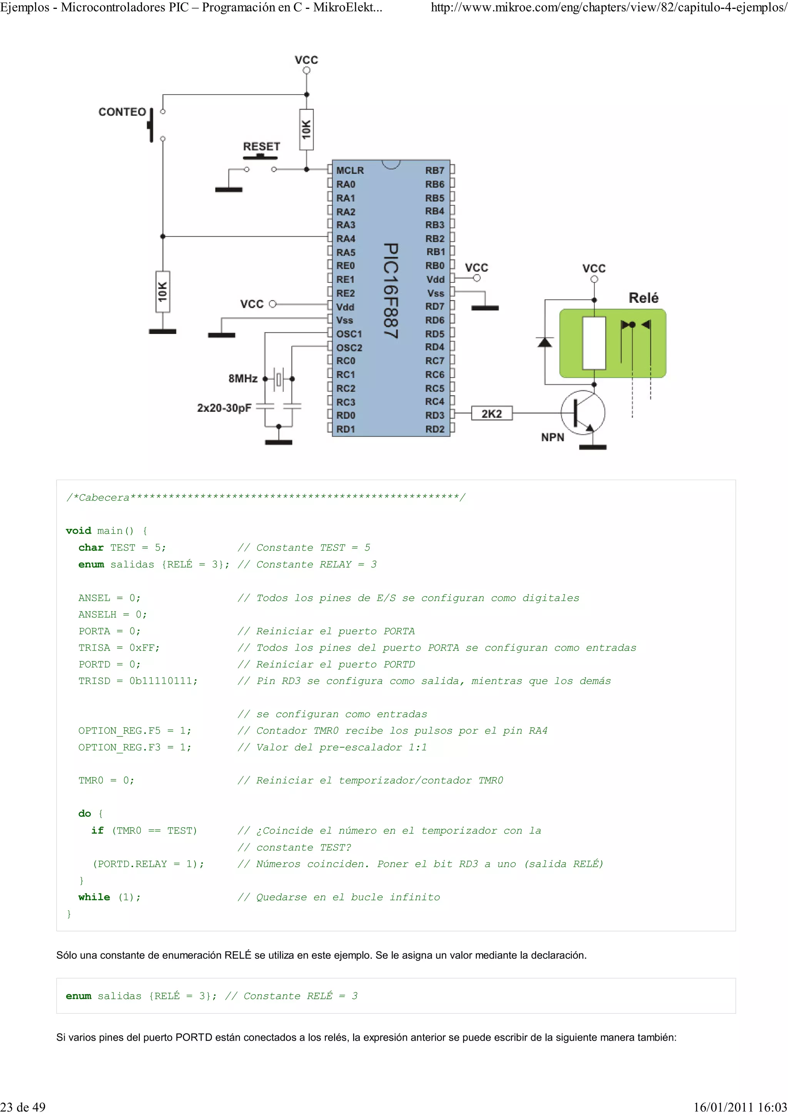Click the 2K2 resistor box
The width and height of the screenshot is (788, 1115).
tap(491, 414)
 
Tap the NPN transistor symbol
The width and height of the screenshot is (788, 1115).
tap(583, 412)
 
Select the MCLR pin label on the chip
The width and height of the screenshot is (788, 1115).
tap(350, 170)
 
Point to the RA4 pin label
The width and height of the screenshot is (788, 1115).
tap(346, 239)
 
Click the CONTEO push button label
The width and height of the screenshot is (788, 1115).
tap(122, 112)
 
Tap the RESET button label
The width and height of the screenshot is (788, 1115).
tap(261, 146)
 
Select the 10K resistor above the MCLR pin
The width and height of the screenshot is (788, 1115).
tap(306, 130)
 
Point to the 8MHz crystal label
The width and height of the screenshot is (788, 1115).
tap(243, 378)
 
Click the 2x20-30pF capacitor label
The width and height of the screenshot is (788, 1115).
tap(224, 407)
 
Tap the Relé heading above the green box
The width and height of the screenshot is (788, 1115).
tap(643, 298)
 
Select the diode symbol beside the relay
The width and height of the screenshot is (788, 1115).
tap(545, 342)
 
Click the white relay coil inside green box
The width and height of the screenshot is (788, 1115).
tap(594, 343)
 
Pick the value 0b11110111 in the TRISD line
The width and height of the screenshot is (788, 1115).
tap(163, 681)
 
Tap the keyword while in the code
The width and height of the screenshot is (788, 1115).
tap(94, 897)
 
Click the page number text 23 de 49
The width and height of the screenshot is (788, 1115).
tap(23, 1107)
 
